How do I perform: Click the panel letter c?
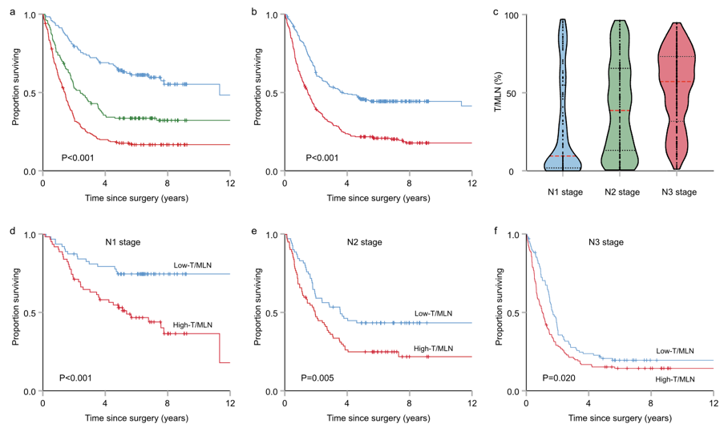[497, 12]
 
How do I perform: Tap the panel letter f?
[497, 232]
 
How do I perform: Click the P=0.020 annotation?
[560, 378]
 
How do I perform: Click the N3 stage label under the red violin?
[678, 192]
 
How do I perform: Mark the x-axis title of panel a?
[137, 197]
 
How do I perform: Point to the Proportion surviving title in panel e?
[258, 313]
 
